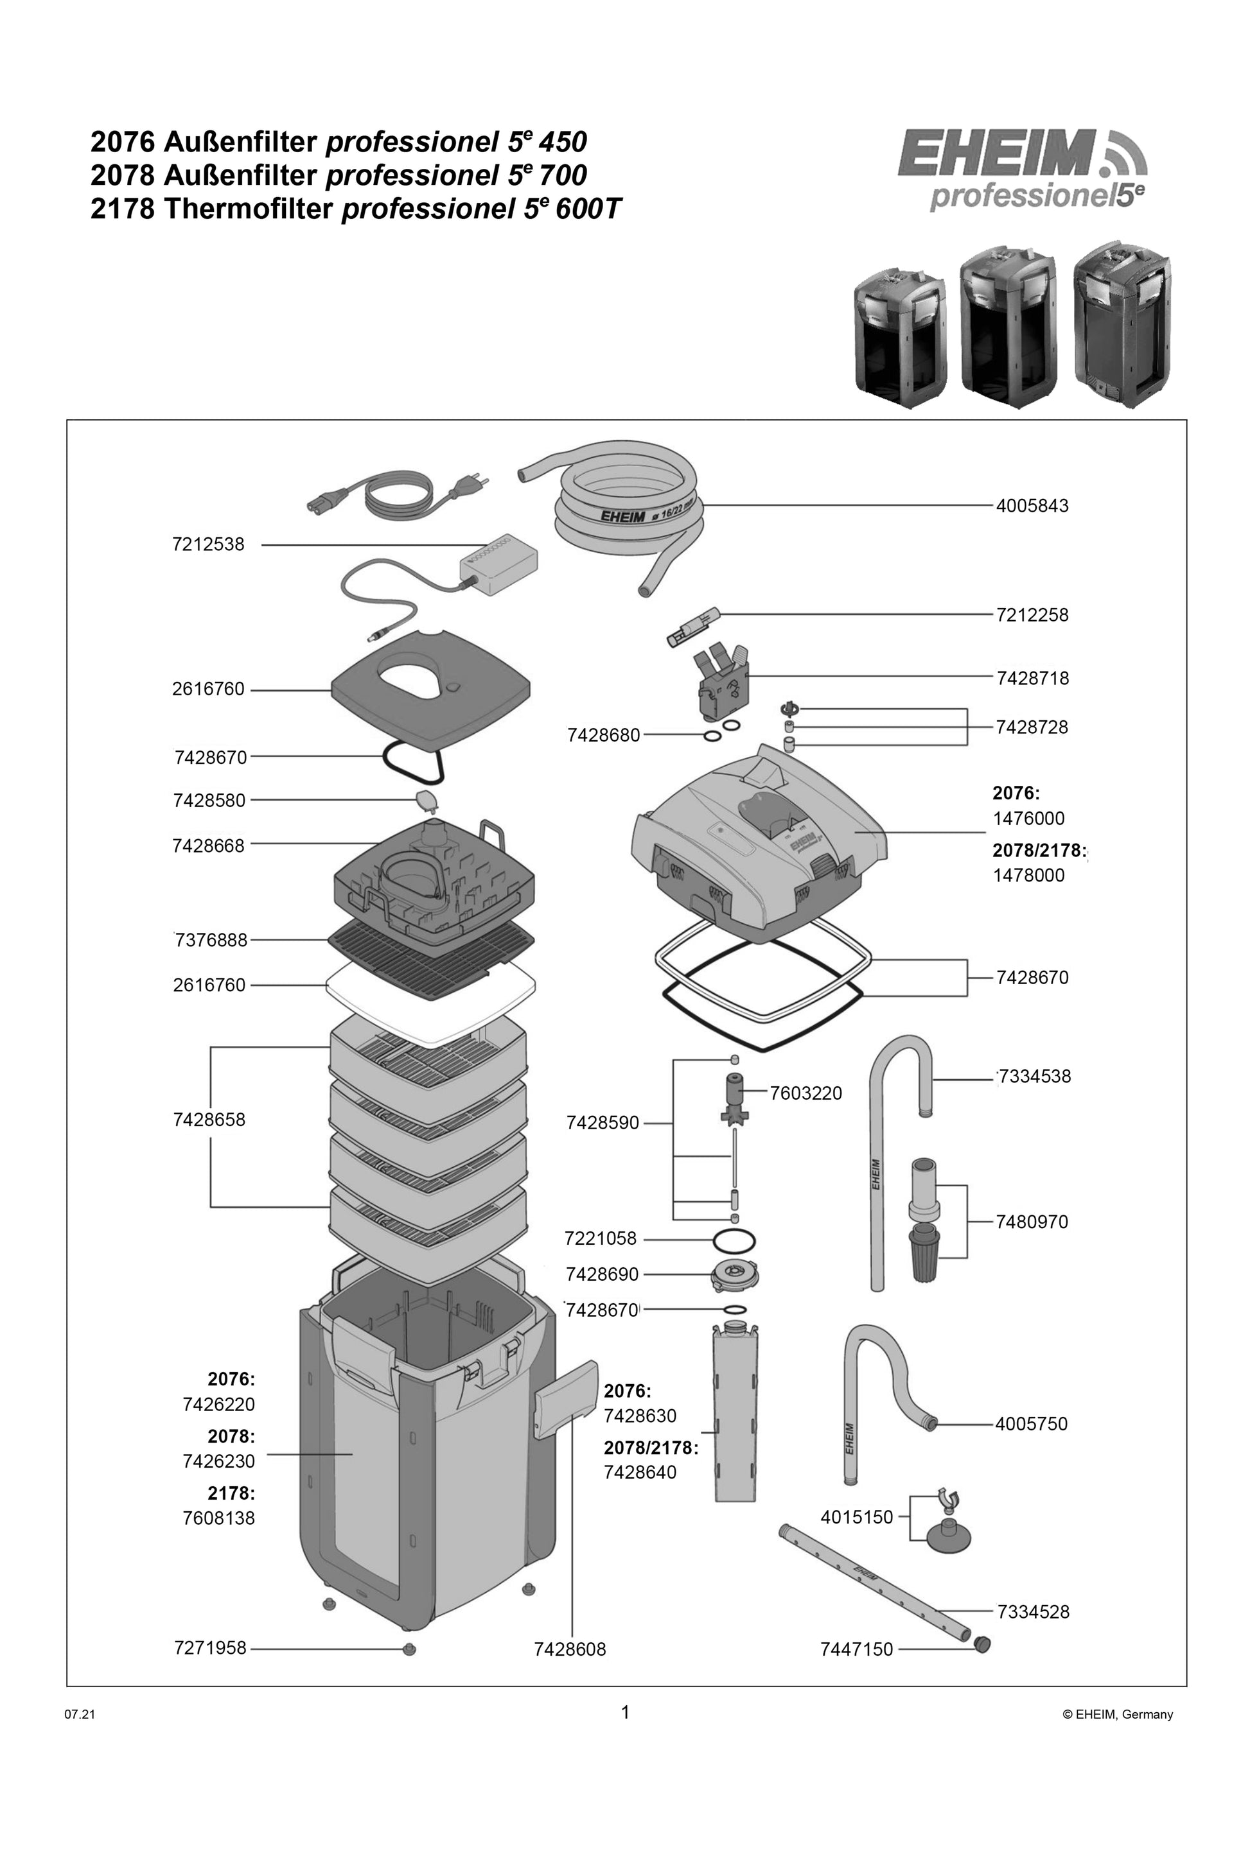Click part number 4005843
tap(1032, 506)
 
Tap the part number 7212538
tap(208, 545)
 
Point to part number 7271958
tap(211, 1648)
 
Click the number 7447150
tap(856, 1649)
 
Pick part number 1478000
tap(1028, 875)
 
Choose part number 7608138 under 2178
tap(218, 1518)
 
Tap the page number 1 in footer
tap(625, 1712)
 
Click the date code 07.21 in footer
tap(80, 1715)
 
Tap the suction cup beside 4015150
tap(946, 1536)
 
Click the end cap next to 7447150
tap(982, 1643)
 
